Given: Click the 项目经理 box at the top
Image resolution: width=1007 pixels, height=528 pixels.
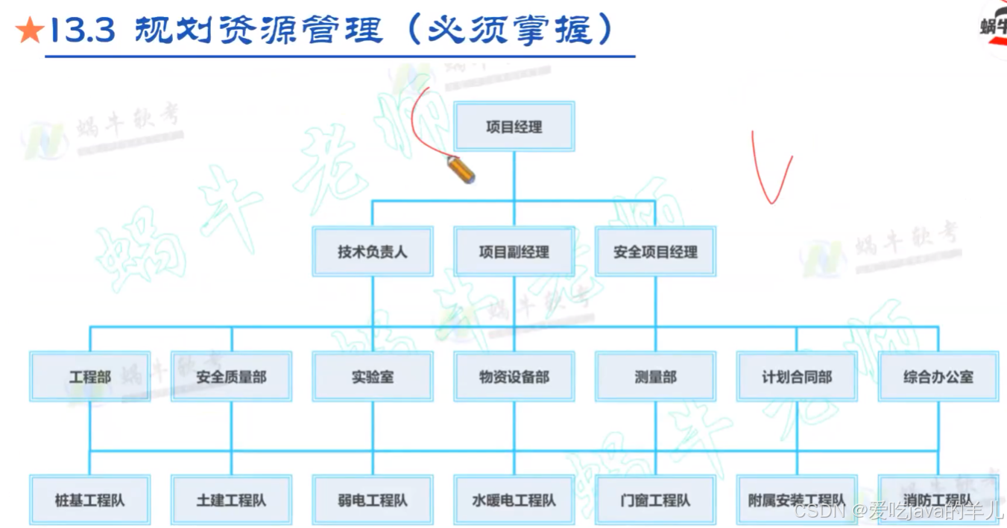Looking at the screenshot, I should point(514,127).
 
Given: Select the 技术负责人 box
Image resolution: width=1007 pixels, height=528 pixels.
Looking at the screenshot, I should point(372,252).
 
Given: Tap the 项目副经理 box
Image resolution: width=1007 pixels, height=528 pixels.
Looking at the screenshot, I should point(514,252).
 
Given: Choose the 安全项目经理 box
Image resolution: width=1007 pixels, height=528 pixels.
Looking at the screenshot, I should point(655,252).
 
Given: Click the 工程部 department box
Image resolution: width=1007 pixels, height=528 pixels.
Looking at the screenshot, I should point(89,377).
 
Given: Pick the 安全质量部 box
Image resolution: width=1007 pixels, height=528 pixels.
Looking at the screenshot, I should point(231,377).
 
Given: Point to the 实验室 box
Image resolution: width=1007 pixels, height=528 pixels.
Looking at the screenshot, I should point(372,377).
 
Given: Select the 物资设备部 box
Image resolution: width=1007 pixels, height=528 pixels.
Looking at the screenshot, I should point(514,377).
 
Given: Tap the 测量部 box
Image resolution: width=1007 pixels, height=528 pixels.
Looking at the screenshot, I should point(655,377).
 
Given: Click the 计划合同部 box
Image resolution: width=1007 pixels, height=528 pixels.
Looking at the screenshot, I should point(796,377).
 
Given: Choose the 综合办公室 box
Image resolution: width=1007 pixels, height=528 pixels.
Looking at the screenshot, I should point(938,377).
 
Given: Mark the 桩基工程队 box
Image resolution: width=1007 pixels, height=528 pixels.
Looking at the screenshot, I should point(89,500).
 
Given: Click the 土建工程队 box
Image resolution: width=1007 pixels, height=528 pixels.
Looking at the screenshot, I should point(231,500).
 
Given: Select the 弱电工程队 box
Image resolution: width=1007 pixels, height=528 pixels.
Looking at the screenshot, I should point(372,500).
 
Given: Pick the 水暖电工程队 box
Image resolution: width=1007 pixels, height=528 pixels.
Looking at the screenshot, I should point(514,500).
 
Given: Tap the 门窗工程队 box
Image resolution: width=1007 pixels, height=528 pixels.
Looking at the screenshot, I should point(655,500).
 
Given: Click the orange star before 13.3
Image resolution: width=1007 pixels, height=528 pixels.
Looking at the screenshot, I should point(29,31).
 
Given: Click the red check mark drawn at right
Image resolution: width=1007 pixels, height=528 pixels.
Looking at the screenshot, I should point(771,171).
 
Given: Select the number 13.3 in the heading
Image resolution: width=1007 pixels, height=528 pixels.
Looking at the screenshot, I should point(81,31).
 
